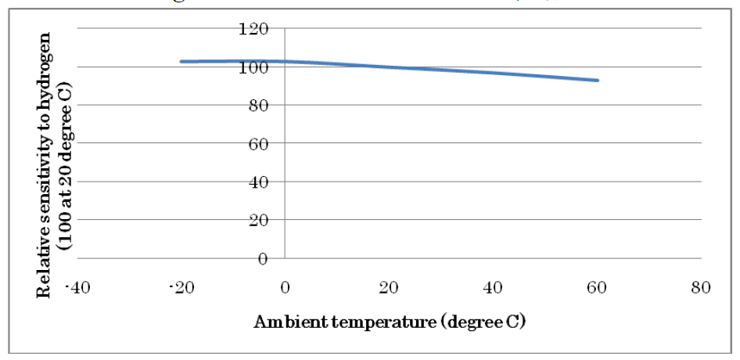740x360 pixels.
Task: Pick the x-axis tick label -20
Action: [181, 288]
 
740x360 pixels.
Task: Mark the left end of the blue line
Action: [181, 61]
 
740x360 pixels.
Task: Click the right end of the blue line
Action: [598, 81]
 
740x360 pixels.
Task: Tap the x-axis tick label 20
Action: [390, 288]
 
